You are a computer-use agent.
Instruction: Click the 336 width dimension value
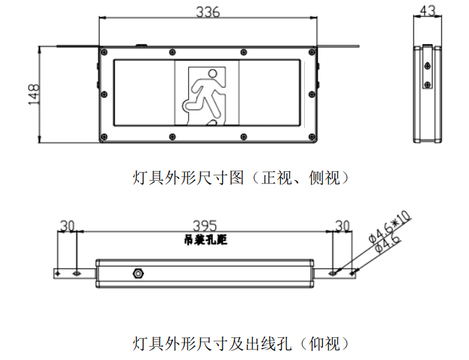point(208,12)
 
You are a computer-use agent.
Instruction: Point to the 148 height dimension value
point(34,94)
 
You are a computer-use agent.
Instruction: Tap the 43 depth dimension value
point(428,11)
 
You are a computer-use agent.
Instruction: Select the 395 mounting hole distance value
point(205,226)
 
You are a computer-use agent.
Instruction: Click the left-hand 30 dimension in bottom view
point(67,226)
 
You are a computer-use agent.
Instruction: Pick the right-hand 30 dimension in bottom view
point(342,226)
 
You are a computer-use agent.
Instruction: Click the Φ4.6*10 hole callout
point(390,227)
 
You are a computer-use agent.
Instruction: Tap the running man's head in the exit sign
point(213,73)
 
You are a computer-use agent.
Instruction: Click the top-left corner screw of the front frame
point(104,52)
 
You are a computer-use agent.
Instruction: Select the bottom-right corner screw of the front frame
point(312,137)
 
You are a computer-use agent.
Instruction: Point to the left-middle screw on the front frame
point(104,95)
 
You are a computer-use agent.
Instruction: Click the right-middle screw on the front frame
point(312,95)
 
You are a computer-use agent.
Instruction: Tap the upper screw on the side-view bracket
point(428,66)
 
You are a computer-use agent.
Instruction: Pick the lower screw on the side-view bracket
point(428,85)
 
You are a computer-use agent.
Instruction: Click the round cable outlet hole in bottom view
point(138,273)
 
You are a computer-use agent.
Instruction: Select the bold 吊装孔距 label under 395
point(205,240)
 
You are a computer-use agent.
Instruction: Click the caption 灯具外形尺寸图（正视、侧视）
point(241,178)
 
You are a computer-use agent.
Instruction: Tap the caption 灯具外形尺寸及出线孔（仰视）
point(241,344)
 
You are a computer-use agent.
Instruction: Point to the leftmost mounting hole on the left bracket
point(58,273)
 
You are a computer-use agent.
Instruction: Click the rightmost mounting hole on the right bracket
point(352,273)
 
